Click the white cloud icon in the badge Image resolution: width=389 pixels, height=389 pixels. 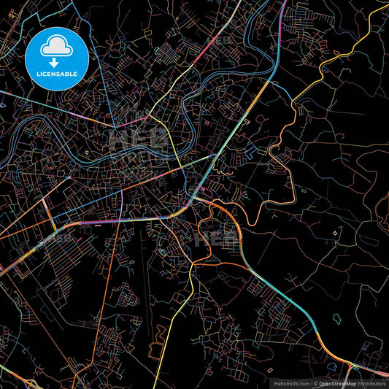click(x=55, y=47)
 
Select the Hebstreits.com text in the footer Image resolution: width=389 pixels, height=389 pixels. click(x=291, y=382)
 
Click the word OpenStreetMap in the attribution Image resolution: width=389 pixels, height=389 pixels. click(x=338, y=382)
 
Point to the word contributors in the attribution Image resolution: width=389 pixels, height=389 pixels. click(x=371, y=382)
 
